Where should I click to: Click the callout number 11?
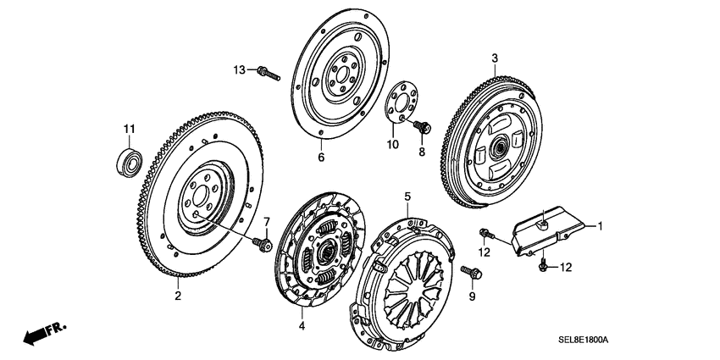point(128,129)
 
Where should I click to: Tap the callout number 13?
point(240,69)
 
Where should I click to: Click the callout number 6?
point(321,158)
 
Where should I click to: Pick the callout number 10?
point(393,145)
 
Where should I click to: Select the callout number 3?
point(493,58)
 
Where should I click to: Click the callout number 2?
point(178,296)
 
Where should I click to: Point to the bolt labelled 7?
point(261,244)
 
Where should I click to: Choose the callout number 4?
point(301,325)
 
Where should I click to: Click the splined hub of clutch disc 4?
point(325,250)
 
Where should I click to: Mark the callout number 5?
point(407,197)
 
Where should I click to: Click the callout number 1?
point(600,226)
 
